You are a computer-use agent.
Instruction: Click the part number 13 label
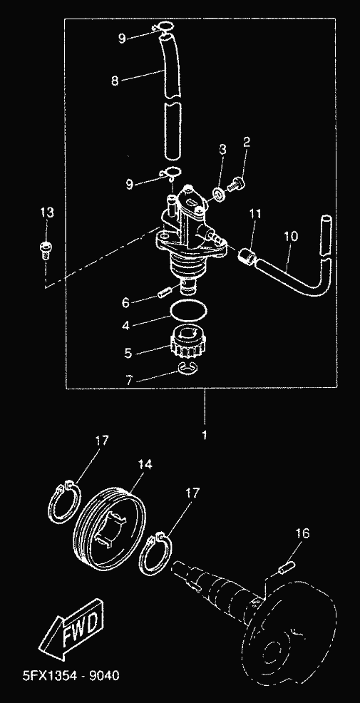click(47, 212)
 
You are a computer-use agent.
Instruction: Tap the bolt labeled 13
click(44, 250)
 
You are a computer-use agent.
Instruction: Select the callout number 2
click(246, 142)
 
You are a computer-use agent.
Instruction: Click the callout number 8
click(115, 81)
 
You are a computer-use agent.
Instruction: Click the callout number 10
click(291, 236)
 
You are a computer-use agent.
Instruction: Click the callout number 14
click(145, 464)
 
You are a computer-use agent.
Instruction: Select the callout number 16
click(303, 533)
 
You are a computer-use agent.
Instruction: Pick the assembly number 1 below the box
click(205, 435)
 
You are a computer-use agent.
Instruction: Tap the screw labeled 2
click(236, 184)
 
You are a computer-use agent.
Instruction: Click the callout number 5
click(128, 354)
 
